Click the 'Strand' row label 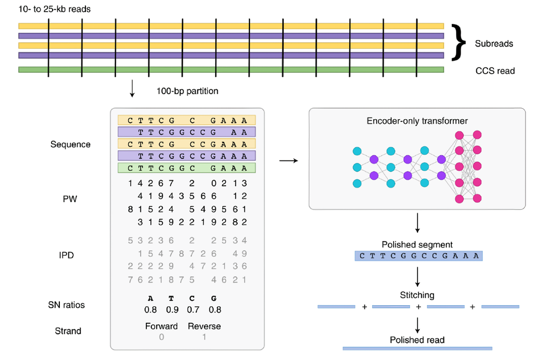coord(69,331)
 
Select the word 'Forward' coord(161,326)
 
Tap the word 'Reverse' coord(204,326)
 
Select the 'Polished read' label coord(417,339)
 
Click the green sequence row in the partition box coord(186,168)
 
